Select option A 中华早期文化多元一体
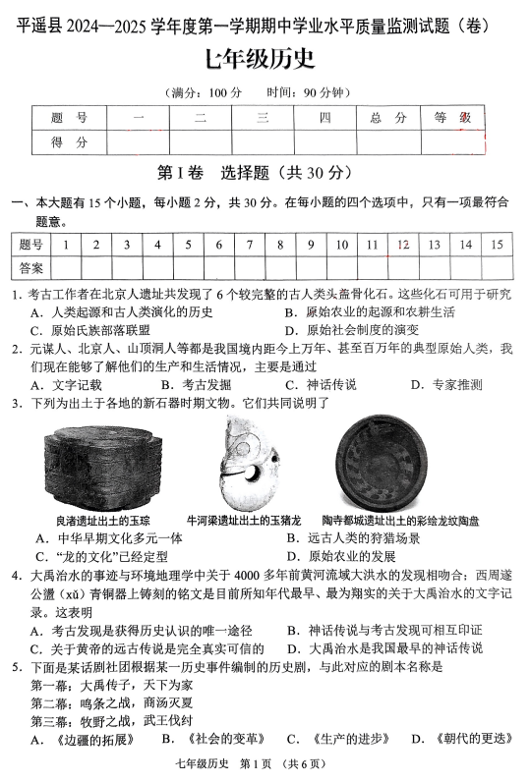(x=108, y=538)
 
